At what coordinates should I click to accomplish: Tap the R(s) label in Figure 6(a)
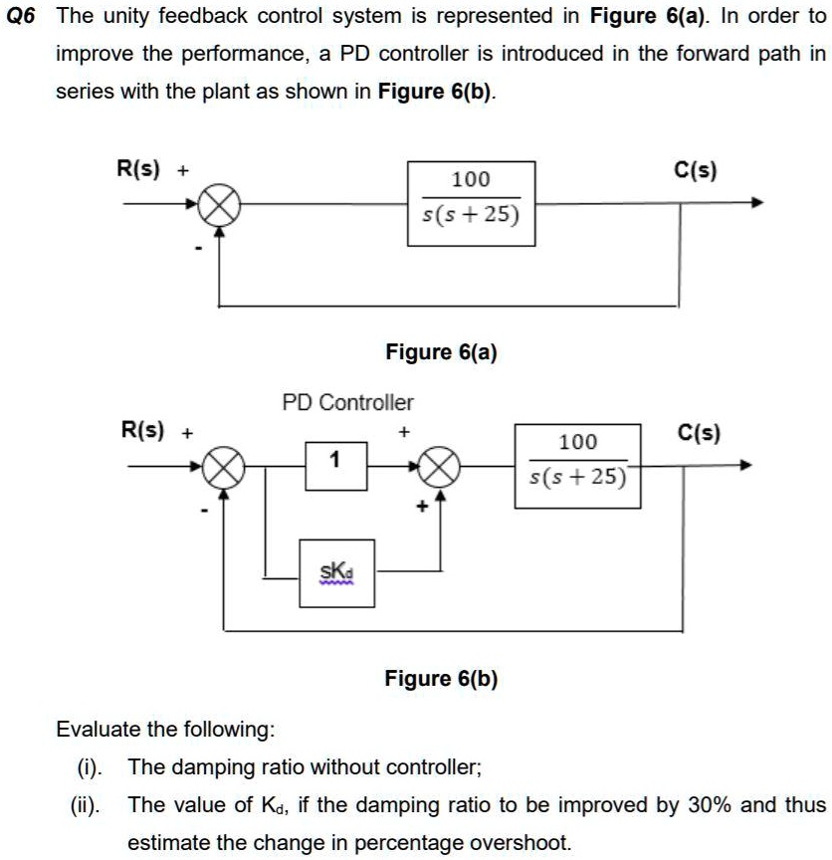[x=137, y=168]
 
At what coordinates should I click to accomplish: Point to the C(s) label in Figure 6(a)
[x=695, y=170]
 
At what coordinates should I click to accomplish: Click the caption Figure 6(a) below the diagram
[x=441, y=352]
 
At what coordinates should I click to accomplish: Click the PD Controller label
[x=347, y=402]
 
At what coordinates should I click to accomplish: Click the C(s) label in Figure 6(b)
[x=699, y=433]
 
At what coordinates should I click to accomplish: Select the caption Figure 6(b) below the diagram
[x=441, y=679]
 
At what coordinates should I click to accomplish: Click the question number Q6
[x=20, y=16]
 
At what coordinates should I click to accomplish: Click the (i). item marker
[x=90, y=767]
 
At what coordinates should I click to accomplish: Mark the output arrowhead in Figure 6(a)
[x=757, y=202]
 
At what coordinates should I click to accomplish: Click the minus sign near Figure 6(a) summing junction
[x=199, y=249]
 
